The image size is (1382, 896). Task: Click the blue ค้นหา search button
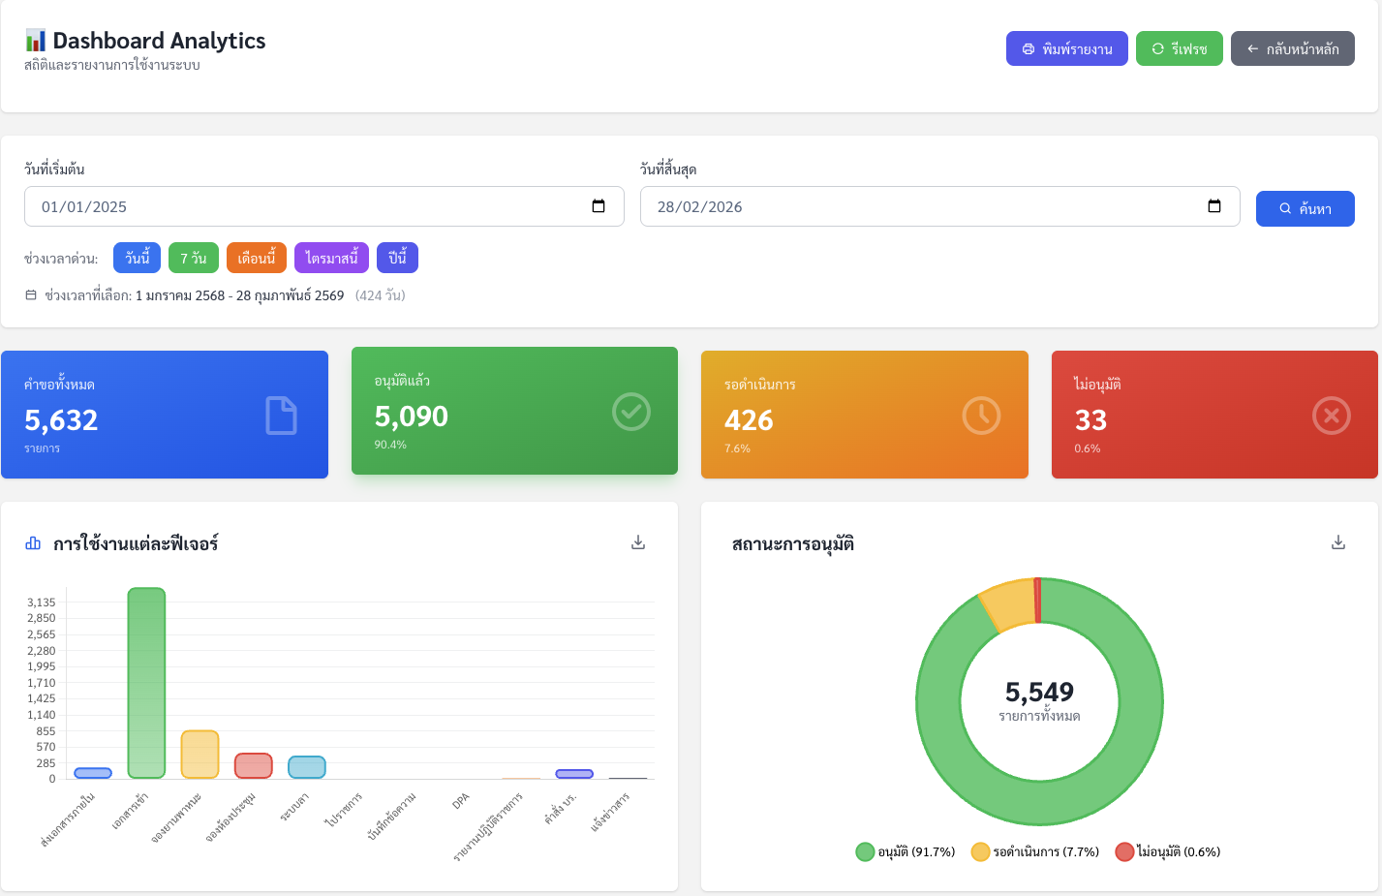point(1305,208)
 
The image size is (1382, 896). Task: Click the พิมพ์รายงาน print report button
point(1066,48)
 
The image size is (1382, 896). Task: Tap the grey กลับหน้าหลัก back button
point(1292,48)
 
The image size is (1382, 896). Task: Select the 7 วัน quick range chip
point(194,258)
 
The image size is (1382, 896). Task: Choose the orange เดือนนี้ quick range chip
point(257,258)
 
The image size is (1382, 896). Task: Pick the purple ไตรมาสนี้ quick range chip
point(331,258)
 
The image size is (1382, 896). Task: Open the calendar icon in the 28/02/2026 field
point(1214,206)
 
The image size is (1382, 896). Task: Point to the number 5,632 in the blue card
point(61,419)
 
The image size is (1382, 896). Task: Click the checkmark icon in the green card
point(631,412)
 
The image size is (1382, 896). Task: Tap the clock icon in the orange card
point(981,416)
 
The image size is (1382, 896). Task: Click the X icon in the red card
point(1331,416)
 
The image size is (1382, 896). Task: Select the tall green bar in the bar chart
point(146,683)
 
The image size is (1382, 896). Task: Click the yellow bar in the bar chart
point(200,755)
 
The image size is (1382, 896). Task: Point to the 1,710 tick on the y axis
point(42,683)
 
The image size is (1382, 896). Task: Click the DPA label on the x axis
point(461,801)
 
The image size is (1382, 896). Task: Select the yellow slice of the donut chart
point(1007,604)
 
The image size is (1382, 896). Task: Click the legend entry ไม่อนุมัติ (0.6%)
point(1168,851)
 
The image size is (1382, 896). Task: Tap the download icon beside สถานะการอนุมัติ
point(1338,542)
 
